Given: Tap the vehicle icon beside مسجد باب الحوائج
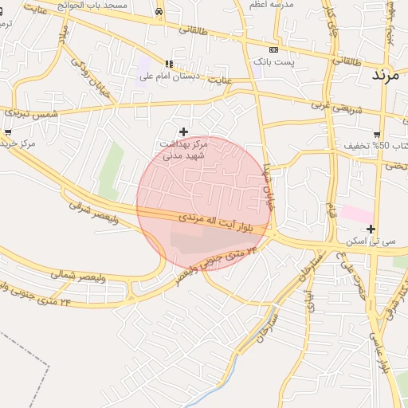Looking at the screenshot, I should point(160,12).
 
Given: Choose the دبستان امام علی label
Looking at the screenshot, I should point(168,76).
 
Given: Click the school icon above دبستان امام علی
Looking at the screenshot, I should point(168,64).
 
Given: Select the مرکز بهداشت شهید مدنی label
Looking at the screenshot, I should point(183,149).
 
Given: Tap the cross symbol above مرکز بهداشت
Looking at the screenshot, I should point(184,131).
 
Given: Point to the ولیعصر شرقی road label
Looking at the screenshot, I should point(94,212).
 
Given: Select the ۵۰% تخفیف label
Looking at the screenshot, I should point(376,146).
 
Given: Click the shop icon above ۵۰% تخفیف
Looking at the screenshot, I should point(377,134).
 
